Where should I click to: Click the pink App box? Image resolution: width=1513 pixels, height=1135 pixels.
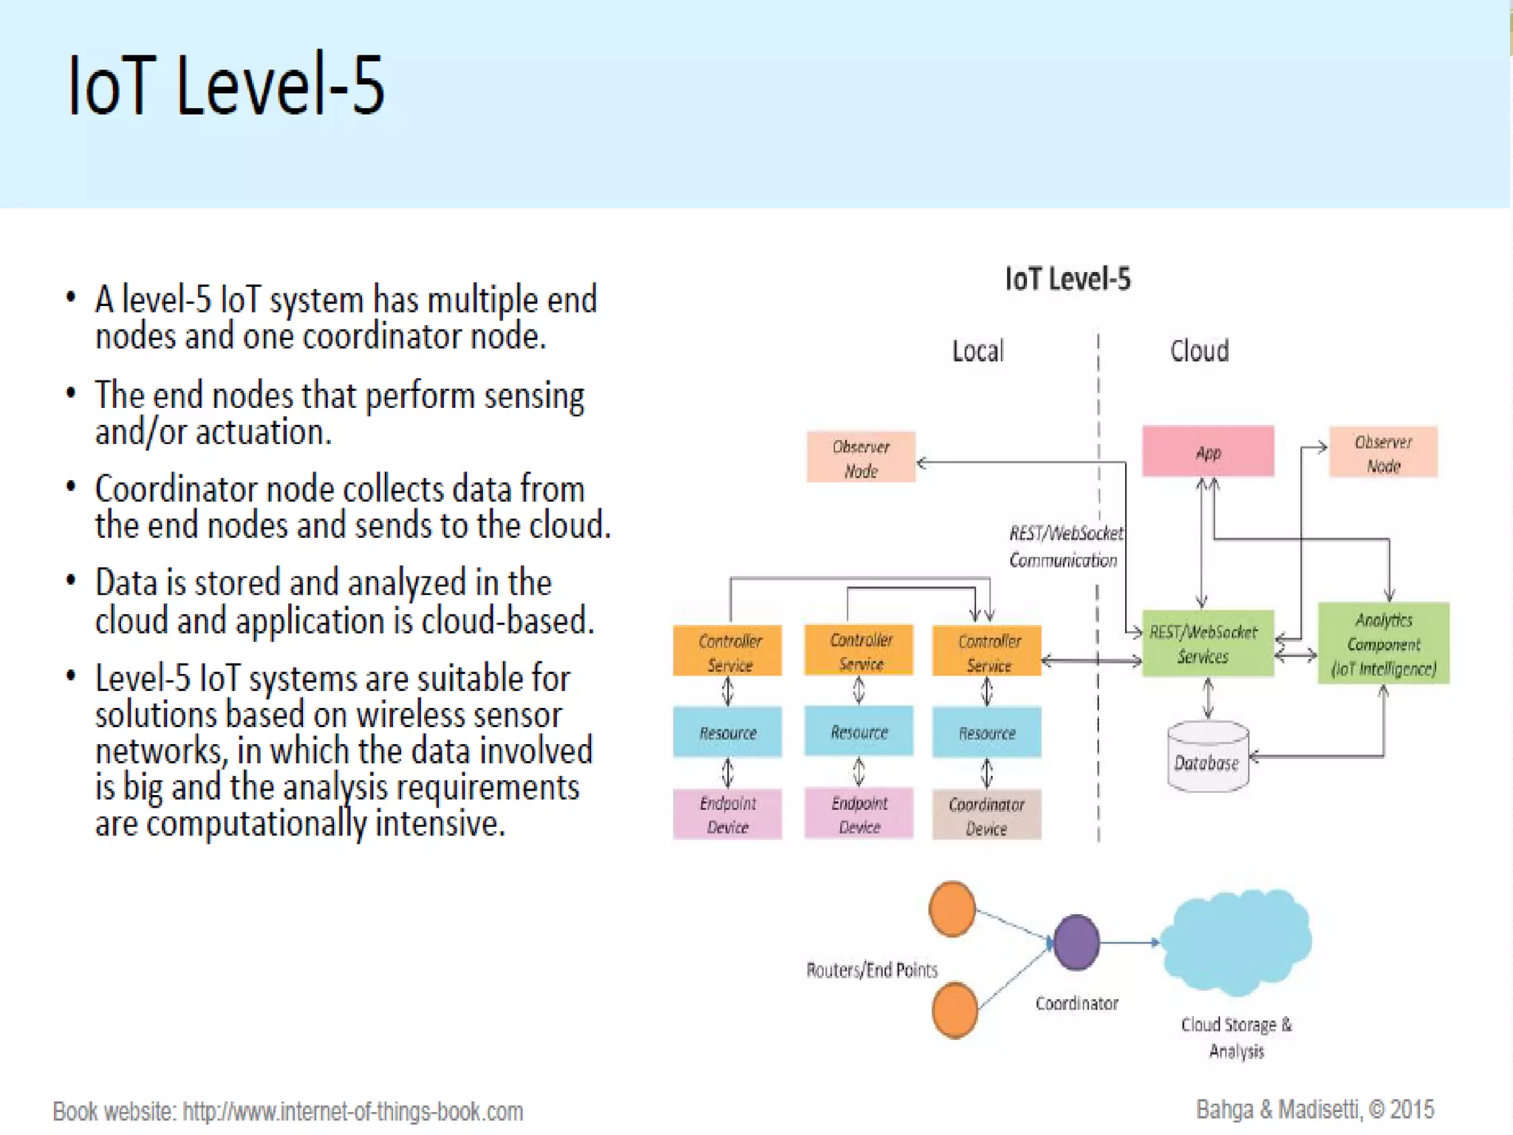pyautogui.click(x=1208, y=451)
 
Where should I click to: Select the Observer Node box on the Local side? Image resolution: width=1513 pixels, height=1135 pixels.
pyautogui.click(x=861, y=457)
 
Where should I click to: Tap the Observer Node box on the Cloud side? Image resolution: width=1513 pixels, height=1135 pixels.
pyautogui.click(x=1383, y=452)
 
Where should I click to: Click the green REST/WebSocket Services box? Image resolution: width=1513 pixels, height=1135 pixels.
pyautogui.click(x=1208, y=643)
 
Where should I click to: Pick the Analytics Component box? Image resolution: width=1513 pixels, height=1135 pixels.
pyautogui.click(x=1383, y=643)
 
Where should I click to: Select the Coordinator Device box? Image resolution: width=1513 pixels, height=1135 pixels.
pyautogui.click(x=986, y=814)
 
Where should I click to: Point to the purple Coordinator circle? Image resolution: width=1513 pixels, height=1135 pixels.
pyautogui.click(x=1076, y=942)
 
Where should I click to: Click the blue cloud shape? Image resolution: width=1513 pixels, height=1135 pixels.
pyautogui.click(x=1235, y=942)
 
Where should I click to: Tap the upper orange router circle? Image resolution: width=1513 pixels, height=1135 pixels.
pyautogui.click(x=952, y=909)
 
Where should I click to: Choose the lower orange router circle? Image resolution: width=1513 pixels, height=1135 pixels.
pyautogui.click(x=954, y=1010)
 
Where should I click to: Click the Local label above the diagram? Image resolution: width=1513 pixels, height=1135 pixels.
pyautogui.click(x=978, y=351)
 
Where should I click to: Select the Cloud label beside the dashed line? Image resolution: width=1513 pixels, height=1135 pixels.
pyautogui.click(x=1199, y=351)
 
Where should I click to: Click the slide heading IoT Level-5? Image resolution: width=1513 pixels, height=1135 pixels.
pyautogui.click(x=225, y=85)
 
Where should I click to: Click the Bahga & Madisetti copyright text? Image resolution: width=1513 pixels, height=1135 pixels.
pyautogui.click(x=1315, y=1109)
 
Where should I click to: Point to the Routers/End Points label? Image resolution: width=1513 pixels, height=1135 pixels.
pyautogui.click(x=872, y=969)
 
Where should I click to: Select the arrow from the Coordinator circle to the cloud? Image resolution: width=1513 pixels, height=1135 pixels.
pyautogui.click(x=1130, y=942)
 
